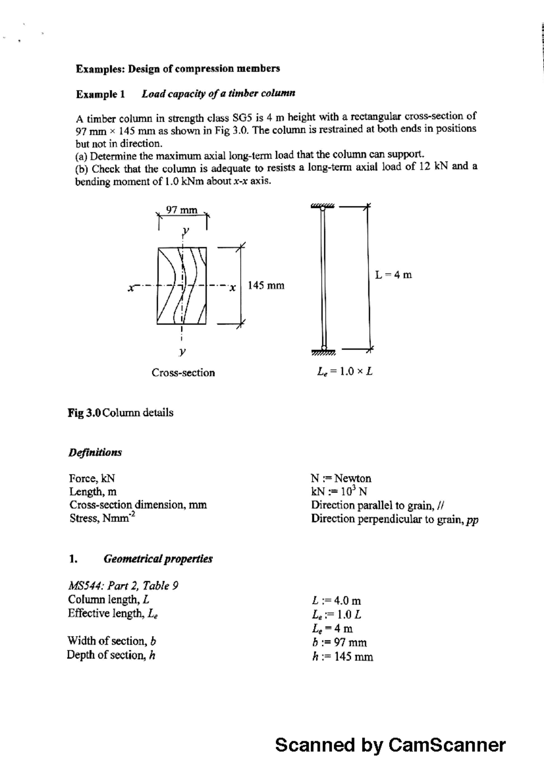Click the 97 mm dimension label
pos(182,210)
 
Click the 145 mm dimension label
pos(266,286)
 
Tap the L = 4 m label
pos(393,275)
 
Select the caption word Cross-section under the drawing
pos(183,373)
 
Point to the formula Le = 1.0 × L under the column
pos(345,372)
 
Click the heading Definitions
pos(95,453)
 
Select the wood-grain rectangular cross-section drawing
pos(182,286)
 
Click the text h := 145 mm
pos(343,657)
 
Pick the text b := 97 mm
pos(340,643)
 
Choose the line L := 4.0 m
pos(337,601)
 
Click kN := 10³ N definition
pos(339,492)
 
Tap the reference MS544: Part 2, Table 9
pos(123,586)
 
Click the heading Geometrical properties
pos(158,559)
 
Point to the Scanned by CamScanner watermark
pos(390,745)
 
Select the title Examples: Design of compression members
pos(178,69)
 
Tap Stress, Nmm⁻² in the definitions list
pos(102,518)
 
